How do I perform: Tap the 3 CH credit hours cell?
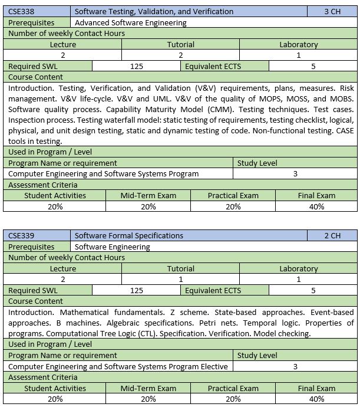333,11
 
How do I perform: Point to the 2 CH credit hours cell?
332,235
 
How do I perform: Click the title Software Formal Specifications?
129,235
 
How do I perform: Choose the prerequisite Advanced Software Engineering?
131,22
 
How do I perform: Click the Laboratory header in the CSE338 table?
299,44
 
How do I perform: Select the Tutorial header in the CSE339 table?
181,268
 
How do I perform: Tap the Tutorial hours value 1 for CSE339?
181,279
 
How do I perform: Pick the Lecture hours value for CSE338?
63,55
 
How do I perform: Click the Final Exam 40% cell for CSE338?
317,206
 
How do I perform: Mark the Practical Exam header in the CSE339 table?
233,388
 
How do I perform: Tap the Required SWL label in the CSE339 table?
33,290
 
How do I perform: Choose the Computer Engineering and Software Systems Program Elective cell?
118,366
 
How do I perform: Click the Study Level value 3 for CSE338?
295,173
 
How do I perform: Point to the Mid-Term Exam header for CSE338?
148,195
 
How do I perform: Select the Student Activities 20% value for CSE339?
55,399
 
